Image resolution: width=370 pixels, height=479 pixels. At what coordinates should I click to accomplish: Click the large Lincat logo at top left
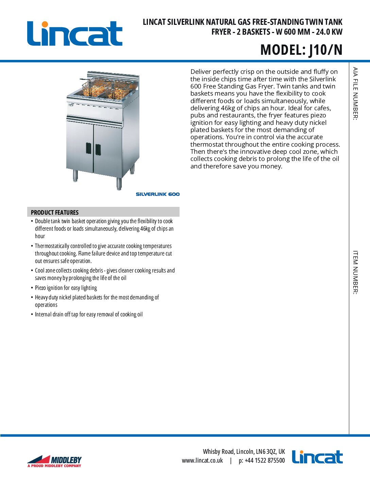tap(74, 34)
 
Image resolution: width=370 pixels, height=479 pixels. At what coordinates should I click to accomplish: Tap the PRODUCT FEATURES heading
tap(55, 212)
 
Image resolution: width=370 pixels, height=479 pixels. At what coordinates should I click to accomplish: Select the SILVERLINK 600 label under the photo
tap(157, 194)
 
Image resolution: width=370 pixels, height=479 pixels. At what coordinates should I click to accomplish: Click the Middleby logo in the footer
tap(54, 461)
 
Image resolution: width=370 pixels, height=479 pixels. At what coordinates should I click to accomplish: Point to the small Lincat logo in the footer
tap(317, 457)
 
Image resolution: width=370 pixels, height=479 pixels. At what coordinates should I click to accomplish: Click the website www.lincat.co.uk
tap(202, 461)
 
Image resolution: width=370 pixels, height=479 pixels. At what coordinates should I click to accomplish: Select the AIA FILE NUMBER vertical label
tap(355, 94)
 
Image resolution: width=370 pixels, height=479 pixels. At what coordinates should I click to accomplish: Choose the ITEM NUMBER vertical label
tap(355, 272)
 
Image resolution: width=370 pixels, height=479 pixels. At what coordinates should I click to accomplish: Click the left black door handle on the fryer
tap(88, 148)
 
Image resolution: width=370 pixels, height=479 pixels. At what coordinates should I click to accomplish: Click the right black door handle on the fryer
tap(98, 149)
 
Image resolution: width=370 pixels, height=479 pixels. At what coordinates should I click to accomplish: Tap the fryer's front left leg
tap(75, 175)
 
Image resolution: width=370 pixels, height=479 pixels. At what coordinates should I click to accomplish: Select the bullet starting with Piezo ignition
tap(66, 288)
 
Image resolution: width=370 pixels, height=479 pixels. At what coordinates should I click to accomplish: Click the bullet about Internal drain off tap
tap(89, 314)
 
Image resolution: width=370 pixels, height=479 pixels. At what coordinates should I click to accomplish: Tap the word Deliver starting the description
tap(201, 72)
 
